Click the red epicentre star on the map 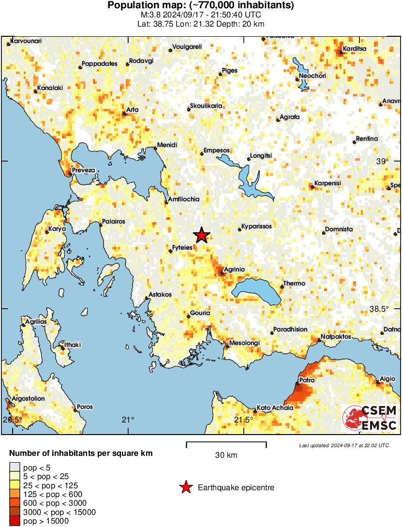pyautogui.click(x=202, y=235)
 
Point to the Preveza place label pyautogui.click(x=84, y=170)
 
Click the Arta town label pyautogui.click(x=132, y=110)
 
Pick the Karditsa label pyautogui.click(x=355, y=49)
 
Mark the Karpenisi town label pyautogui.click(x=328, y=183)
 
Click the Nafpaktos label pyautogui.click(x=336, y=337)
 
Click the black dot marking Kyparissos pyautogui.click(x=239, y=229)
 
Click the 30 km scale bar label pyautogui.click(x=226, y=455)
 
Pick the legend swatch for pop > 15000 pyautogui.click(x=15, y=521)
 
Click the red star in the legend pyautogui.click(x=186, y=488)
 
